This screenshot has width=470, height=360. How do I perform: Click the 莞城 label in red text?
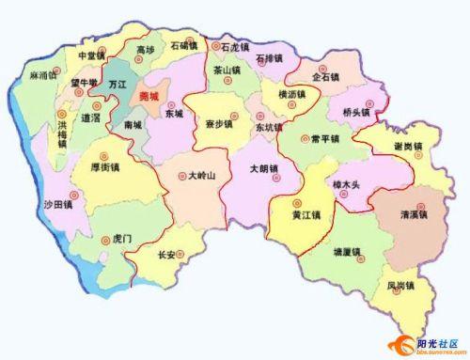coord(149,96)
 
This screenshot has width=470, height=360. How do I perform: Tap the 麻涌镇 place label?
coord(45,73)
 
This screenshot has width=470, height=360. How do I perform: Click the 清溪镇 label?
coord(415,213)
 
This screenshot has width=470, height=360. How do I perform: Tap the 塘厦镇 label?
coord(348,252)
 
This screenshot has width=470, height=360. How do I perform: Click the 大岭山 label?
coord(202,175)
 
